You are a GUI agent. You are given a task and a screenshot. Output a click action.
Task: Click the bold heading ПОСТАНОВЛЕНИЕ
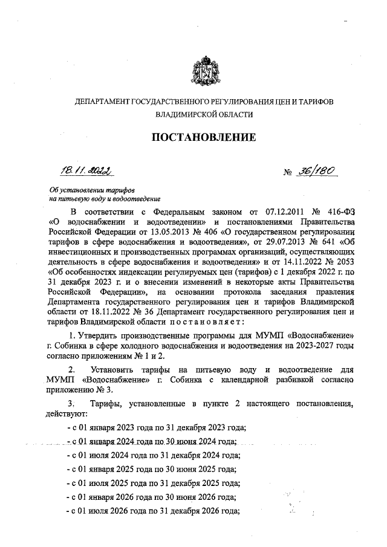click(203, 138)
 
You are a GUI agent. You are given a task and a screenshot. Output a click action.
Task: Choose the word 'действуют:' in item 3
click(68, 414)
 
